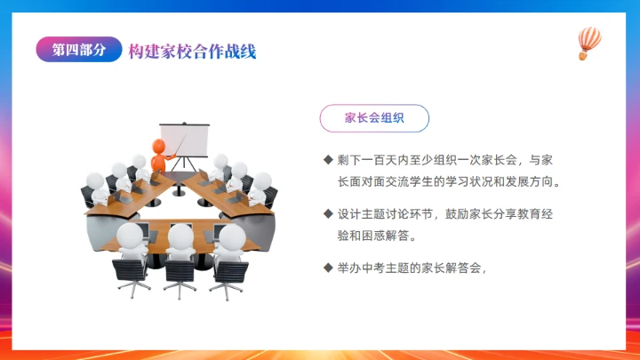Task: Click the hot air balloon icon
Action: [588, 41]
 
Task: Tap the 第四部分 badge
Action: [78, 50]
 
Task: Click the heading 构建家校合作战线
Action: [192, 52]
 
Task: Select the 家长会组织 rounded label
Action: [374, 118]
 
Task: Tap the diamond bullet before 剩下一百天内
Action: [327, 160]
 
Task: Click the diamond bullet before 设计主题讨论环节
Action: [327, 214]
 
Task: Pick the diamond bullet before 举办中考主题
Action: [327, 268]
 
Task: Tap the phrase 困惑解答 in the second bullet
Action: [389, 236]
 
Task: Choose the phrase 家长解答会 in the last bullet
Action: [450, 268]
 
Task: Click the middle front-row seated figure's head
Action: [180, 235]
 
